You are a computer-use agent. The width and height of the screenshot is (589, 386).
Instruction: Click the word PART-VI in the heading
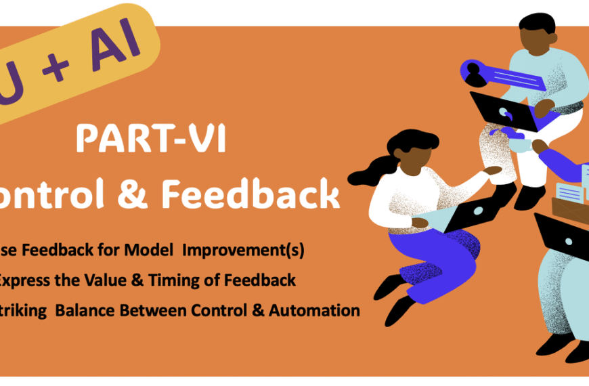point(150,139)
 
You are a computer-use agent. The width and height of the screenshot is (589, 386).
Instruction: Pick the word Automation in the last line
point(314,311)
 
